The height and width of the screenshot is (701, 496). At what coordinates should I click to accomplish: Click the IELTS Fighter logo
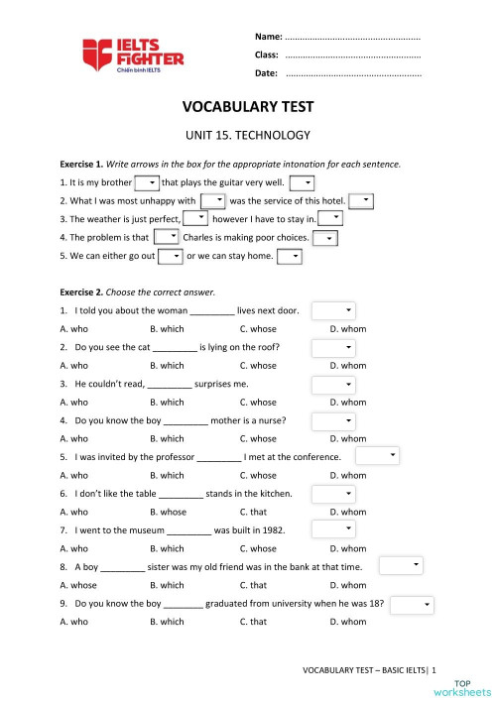pos(133,54)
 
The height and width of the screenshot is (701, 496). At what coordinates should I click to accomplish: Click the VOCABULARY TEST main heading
pos(247,108)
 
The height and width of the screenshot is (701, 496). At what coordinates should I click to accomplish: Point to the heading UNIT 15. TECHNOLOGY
pos(247,135)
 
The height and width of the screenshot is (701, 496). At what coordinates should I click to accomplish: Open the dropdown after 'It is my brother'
pos(147,182)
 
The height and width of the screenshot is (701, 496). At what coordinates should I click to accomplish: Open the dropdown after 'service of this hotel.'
pos(361,200)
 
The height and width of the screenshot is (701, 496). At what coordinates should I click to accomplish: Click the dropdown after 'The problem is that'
pos(167,237)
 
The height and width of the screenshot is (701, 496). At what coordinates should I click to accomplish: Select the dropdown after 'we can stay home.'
pos(290,256)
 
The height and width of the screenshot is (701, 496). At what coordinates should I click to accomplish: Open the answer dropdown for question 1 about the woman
pos(333,310)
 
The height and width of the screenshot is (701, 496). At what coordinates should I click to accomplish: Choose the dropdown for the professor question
pos(377,456)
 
